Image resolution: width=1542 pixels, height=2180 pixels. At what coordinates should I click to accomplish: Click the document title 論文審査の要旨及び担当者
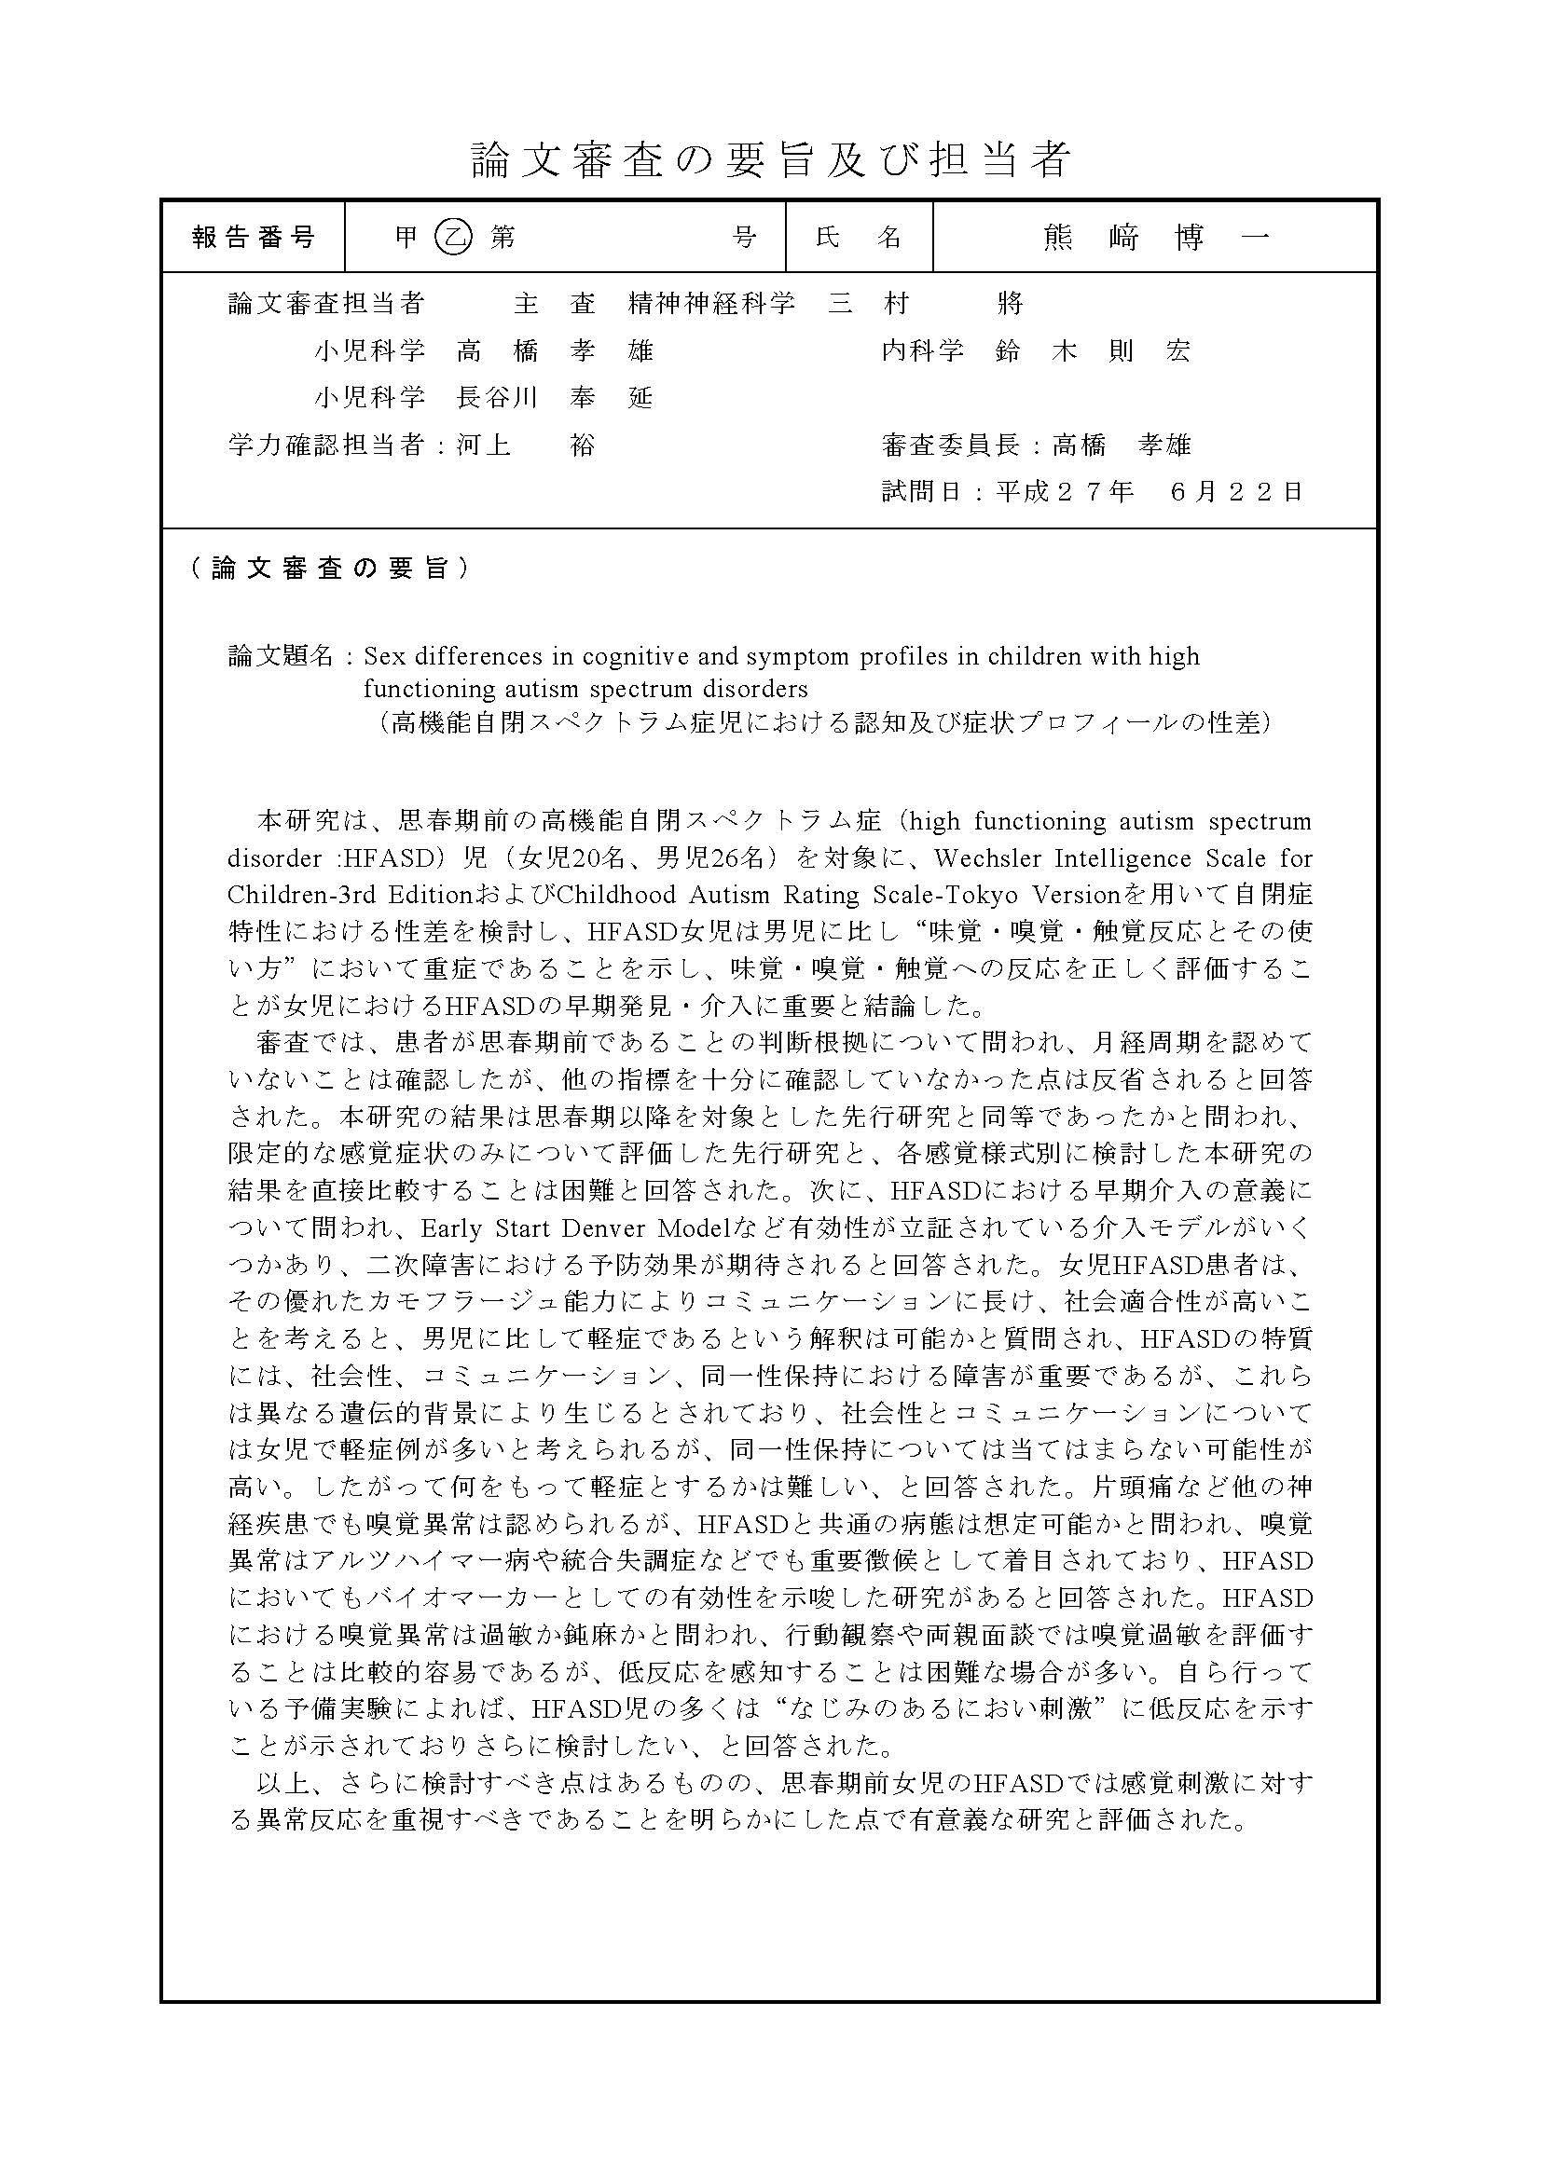coord(770,159)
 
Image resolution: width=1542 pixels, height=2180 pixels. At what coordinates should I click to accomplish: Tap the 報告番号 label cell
coord(254,238)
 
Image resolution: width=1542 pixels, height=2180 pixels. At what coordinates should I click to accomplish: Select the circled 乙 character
coord(452,238)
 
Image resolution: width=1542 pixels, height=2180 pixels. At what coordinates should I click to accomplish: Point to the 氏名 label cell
coord(859,238)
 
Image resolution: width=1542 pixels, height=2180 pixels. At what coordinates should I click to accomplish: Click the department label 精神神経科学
coord(711,304)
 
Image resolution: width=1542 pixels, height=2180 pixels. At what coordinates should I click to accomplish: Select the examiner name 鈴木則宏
coord(1092,351)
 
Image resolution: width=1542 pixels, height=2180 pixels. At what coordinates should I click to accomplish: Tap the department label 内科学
coord(923,351)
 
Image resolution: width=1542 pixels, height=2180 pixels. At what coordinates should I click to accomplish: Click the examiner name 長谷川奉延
coord(555,398)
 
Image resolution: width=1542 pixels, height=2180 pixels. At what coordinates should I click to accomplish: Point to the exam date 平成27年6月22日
coord(1149,492)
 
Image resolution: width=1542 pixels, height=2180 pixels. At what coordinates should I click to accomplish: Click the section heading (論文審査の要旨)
coord(328,569)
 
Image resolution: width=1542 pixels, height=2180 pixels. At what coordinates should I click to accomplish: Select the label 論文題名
coord(281,656)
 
